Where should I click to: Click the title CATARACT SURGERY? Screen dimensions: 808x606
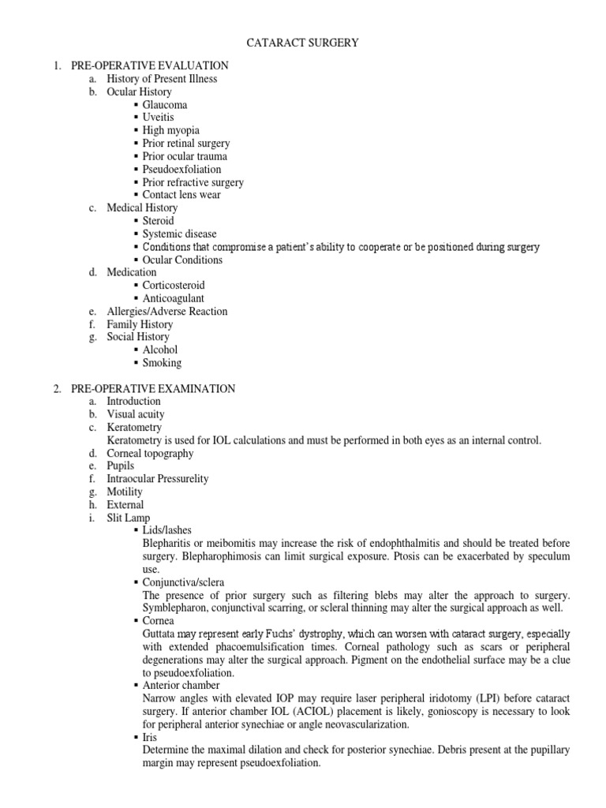click(x=303, y=43)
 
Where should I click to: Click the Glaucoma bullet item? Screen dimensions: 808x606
click(x=165, y=104)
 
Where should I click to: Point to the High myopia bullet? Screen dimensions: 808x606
click(x=170, y=130)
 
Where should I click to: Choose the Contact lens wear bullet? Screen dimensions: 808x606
click(x=181, y=195)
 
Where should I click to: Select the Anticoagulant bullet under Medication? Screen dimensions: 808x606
click(x=173, y=298)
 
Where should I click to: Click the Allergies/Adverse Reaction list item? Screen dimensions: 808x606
click(x=166, y=311)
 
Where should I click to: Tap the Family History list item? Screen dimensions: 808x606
click(x=140, y=324)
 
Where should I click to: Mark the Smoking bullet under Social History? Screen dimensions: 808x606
click(x=162, y=363)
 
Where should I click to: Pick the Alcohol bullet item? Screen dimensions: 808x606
click(x=160, y=350)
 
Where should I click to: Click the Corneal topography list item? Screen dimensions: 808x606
click(x=150, y=454)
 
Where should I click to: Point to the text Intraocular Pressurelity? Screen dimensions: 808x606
click(x=158, y=479)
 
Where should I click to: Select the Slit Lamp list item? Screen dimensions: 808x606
click(x=129, y=518)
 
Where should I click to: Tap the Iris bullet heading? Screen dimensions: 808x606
click(x=150, y=737)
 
